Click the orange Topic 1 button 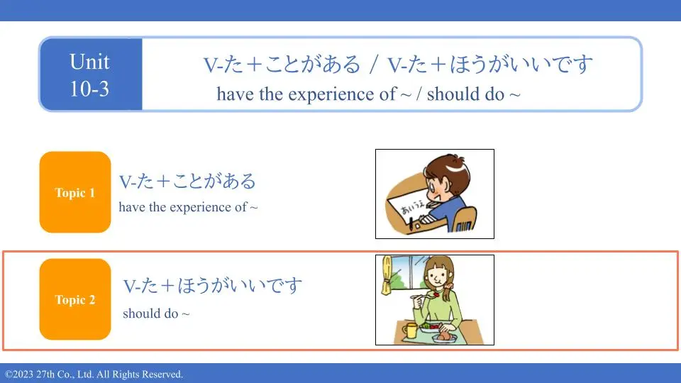(75, 192)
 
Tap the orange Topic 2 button (75, 299)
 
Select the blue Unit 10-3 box (91, 74)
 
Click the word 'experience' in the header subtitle (328, 94)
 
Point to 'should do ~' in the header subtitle (473, 94)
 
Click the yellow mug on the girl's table (409, 331)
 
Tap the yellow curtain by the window (386, 275)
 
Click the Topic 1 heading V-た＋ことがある (187, 181)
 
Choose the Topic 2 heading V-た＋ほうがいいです (212, 286)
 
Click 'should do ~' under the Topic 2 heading (156, 313)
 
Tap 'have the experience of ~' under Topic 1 (188, 206)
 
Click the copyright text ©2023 (18, 374)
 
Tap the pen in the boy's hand (411, 223)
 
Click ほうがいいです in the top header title (521, 64)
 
